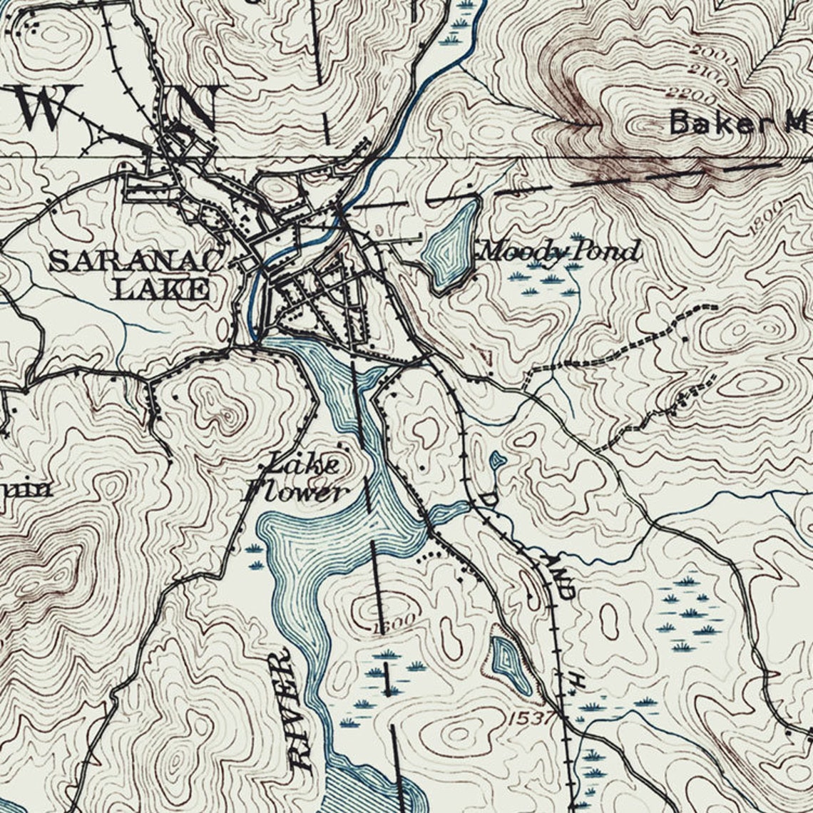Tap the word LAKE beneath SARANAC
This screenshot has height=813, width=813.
click(x=163, y=289)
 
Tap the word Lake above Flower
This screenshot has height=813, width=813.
click(x=302, y=465)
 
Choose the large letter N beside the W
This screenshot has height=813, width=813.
click(x=196, y=107)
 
